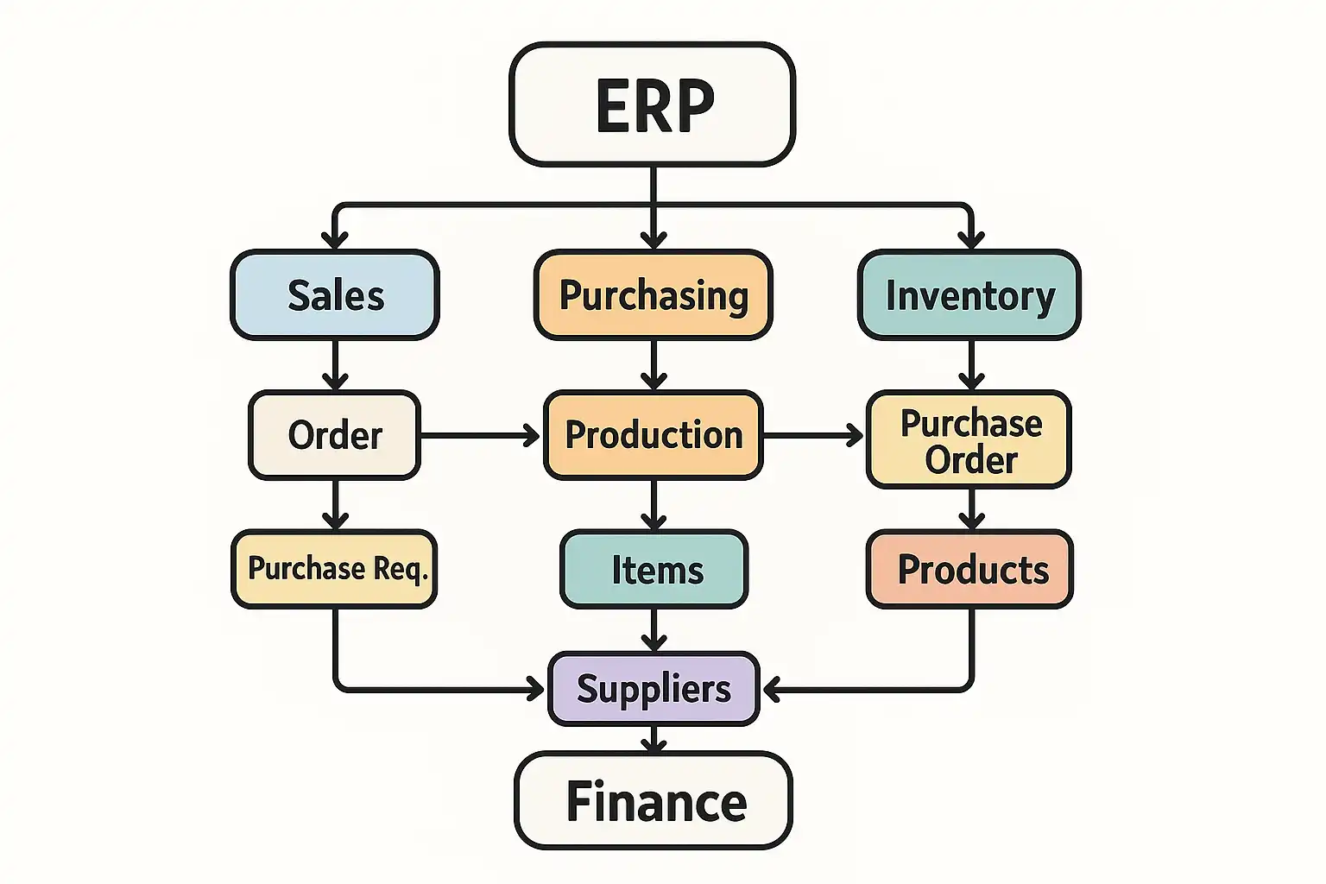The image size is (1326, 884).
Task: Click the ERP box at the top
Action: [653, 104]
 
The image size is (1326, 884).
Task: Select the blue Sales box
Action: [335, 295]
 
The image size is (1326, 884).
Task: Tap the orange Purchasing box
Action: [654, 295]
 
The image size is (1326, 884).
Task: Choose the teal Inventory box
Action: [969, 295]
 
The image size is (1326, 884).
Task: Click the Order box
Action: [335, 435]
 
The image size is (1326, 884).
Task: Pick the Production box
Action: [654, 435]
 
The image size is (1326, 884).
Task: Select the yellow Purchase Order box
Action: [969, 440]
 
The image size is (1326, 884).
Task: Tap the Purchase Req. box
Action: [335, 569]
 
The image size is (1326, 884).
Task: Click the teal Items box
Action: [654, 570]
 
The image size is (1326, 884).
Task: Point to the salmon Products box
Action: [970, 570]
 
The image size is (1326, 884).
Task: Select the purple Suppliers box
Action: [654, 689]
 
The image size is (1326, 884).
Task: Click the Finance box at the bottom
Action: [654, 801]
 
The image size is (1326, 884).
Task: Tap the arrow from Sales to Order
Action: [335, 365]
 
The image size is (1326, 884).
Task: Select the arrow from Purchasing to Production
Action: [654, 365]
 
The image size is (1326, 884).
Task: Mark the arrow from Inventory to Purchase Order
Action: [971, 365]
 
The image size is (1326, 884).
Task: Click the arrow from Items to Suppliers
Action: [654, 630]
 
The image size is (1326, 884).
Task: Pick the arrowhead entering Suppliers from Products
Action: [773, 690]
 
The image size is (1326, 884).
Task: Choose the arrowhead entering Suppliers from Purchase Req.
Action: [536, 690]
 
